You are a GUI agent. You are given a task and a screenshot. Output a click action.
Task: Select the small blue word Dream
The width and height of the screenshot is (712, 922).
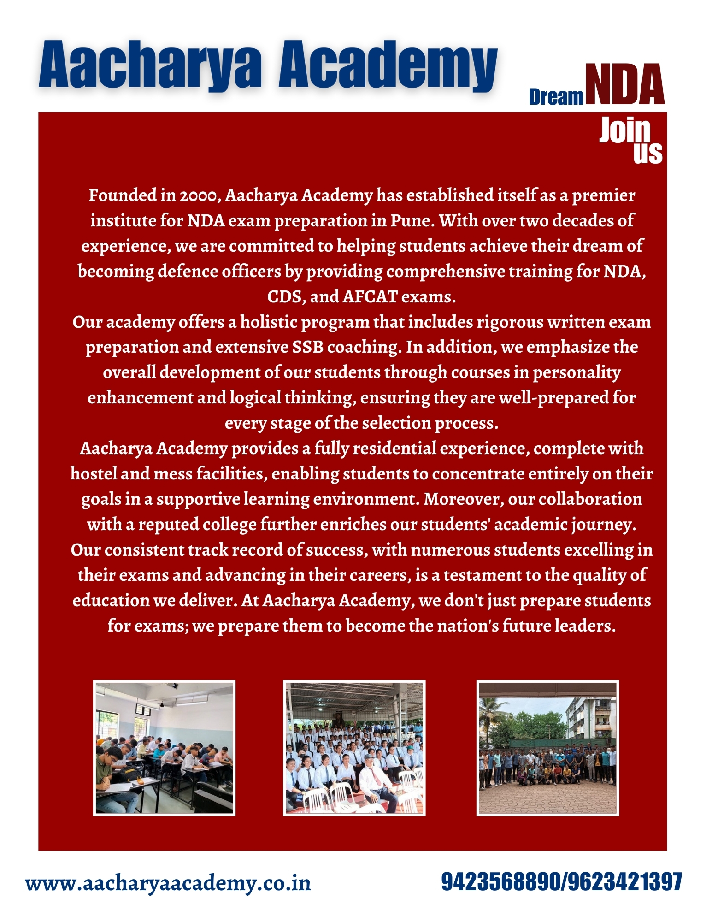pos(556,97)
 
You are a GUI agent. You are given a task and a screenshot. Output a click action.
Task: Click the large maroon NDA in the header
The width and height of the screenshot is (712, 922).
pos(624,85)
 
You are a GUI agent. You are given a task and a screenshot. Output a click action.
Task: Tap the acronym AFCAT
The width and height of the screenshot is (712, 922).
pos(370,297)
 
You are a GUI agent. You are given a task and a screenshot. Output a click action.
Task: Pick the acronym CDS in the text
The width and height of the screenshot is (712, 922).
pos(284,297)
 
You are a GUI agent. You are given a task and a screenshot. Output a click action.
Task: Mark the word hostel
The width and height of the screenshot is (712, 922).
pos(94,474)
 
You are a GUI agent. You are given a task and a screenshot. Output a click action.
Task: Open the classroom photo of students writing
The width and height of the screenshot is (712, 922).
pos(164,748)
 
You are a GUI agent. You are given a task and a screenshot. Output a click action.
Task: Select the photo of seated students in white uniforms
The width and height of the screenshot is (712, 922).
pos(354,748)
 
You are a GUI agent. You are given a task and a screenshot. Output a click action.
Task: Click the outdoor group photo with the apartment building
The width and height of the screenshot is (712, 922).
pos(547,748)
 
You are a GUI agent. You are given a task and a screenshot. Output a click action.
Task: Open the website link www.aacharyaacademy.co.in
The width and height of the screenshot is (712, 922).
pos(168,883)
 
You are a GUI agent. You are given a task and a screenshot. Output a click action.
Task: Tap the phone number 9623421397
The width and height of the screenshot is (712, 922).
pos(624,881)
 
